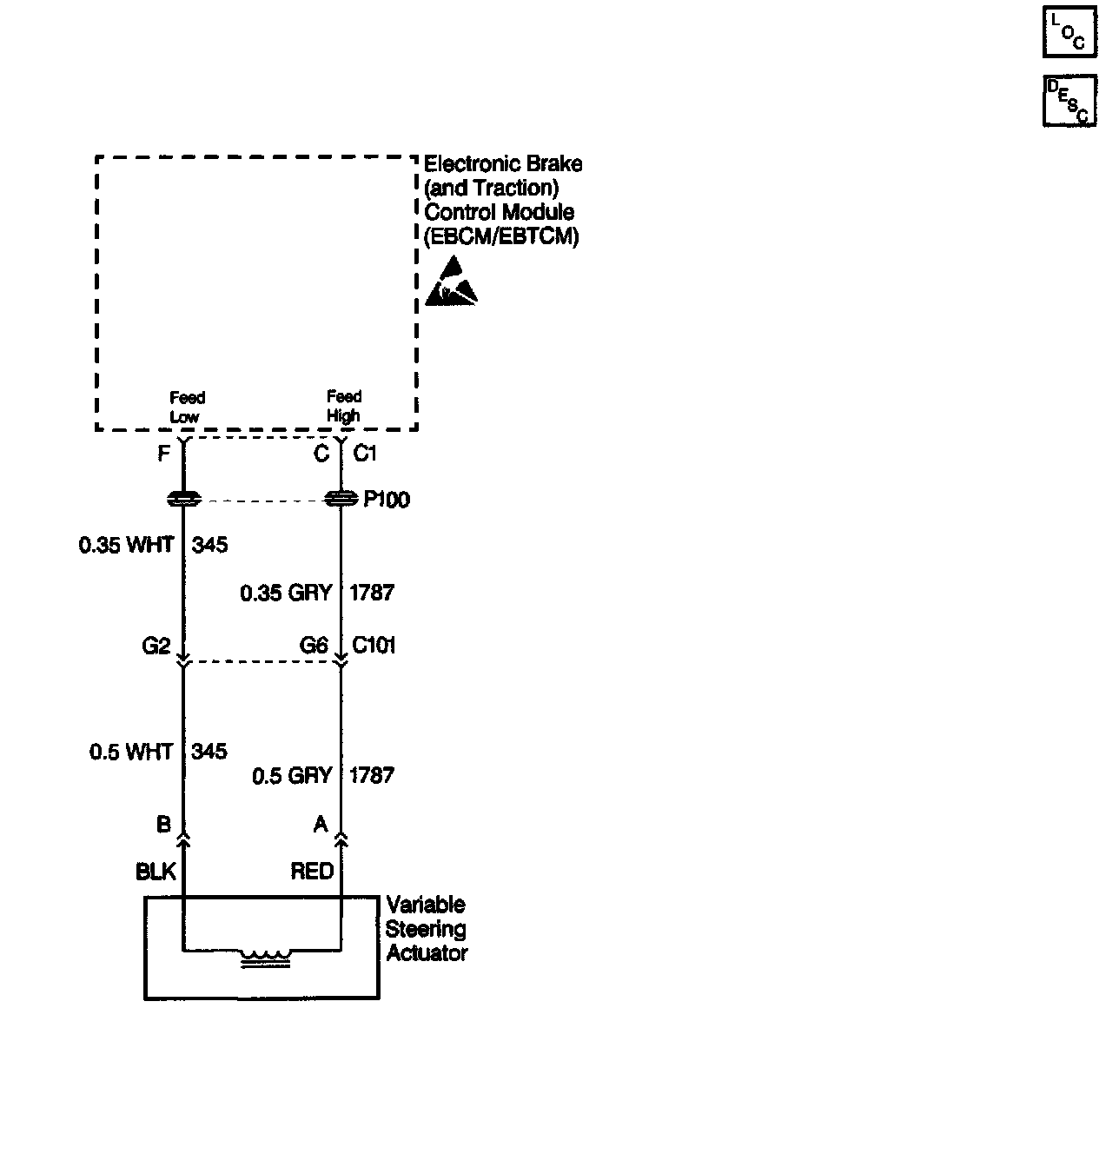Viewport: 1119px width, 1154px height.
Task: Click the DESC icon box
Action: click(1069, 100)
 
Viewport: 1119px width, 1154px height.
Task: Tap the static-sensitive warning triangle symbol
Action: click(450, 282)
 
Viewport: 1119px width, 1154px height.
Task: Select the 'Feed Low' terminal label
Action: click(186, 407)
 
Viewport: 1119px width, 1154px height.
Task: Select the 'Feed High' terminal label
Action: click(343, 406)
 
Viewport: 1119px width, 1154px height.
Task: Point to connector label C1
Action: click(365, 454)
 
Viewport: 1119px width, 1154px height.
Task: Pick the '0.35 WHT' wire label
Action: click(126, 545)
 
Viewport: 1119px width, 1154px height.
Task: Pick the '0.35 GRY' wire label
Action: click(286, 593)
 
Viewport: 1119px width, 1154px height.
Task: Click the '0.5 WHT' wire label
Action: click(131, 751)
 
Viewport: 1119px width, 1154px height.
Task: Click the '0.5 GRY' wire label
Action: click(292, 775)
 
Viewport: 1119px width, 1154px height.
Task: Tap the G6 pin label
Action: click(314, 646)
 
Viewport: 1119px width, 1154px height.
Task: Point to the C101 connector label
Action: click(374, 646)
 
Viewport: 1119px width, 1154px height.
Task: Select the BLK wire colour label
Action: click(156, 872)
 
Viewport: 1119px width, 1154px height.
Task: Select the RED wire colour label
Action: click(312, 871)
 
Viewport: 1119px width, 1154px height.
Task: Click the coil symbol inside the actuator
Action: click(266, 958)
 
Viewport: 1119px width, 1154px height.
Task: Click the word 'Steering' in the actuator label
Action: click(426, 929)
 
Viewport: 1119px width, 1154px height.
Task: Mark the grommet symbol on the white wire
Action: click(183, 500)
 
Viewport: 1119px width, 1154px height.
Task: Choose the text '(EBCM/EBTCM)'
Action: click(501, 235)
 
